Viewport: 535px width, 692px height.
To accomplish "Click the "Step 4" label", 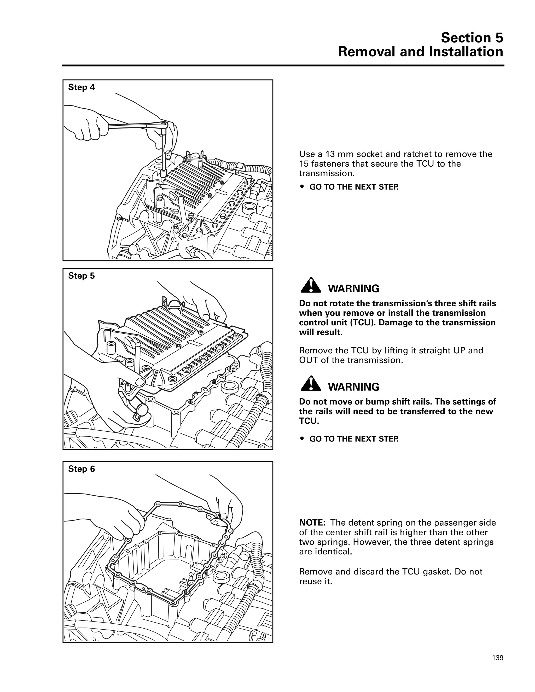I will click(82, 87).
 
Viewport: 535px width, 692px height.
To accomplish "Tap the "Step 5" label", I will click(82, 276).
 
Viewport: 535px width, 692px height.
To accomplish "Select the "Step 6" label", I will click(82, 469).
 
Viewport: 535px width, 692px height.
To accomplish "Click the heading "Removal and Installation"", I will click(421, 52).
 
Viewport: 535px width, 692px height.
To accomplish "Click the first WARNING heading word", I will click(353, 289).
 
